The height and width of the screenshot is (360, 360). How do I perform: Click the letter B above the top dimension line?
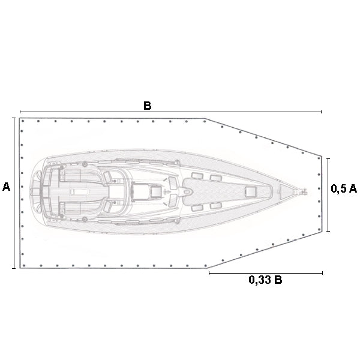(x=148, y=106)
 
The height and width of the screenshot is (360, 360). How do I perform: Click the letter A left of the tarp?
(x=7, y=187)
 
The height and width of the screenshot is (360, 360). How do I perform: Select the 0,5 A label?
(x=344, y=189)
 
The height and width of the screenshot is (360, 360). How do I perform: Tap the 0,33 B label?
(x=265, y=280)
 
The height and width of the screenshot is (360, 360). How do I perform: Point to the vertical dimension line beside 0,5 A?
(x=328, y=194)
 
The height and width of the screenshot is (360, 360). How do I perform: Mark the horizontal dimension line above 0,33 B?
(x=266, y=273)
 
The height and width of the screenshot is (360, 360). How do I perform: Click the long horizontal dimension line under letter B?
(x=170, y=112)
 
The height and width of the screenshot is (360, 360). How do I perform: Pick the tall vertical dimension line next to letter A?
(x=14, y=193)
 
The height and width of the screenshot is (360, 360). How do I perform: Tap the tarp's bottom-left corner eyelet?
(x=24, y=266)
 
